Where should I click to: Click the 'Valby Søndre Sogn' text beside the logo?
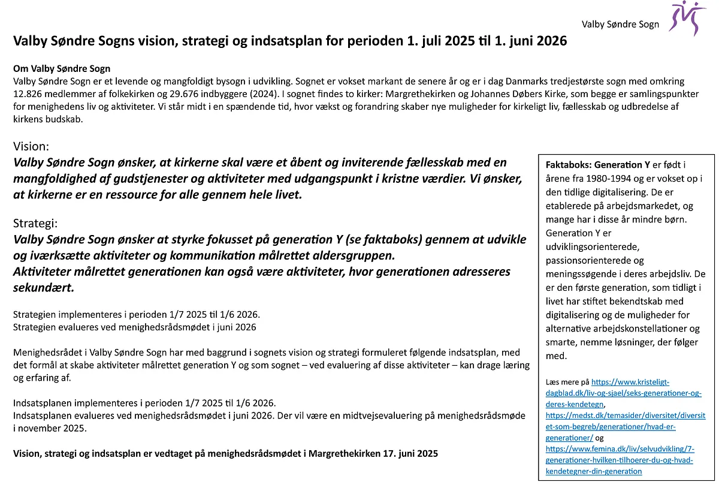(620, 25)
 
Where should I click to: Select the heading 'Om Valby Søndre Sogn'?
(62, 68)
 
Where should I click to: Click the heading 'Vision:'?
(31, 146)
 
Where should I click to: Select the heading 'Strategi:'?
(35, 223)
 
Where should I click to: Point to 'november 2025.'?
(51, 428)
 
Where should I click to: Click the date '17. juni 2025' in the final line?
(410, 454)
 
